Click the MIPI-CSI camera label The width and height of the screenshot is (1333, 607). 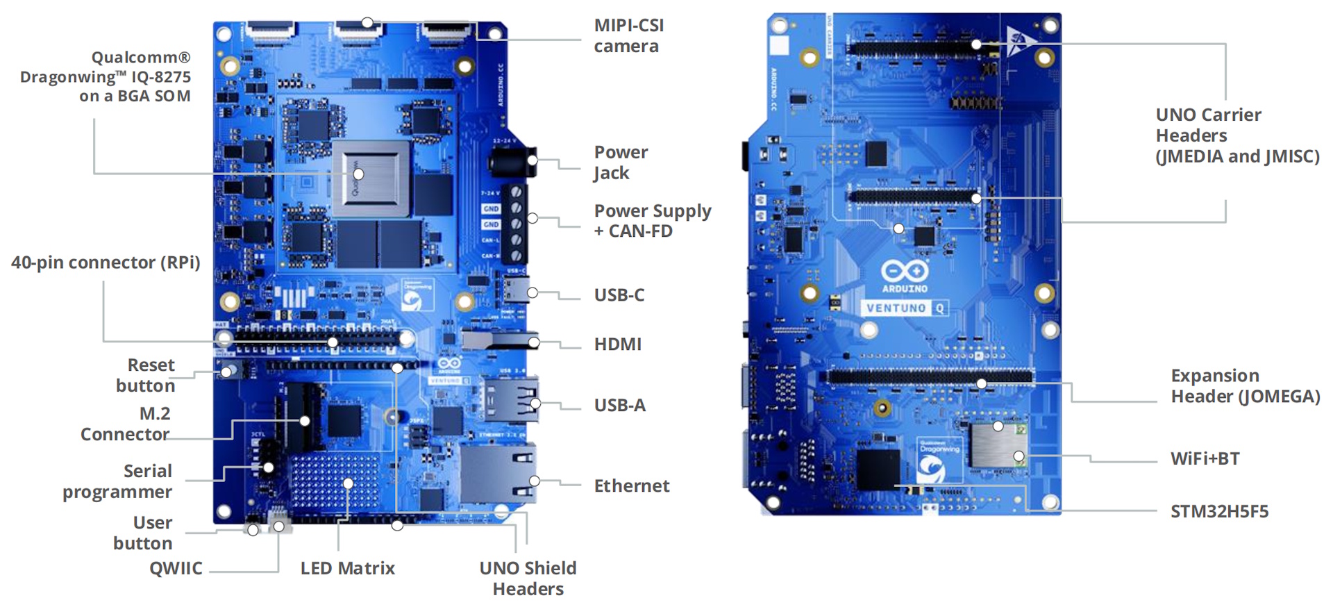[x=628, y=35]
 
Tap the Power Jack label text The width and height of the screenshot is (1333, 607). [x=621, y=163]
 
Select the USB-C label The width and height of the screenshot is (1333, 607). [x=619, y=295]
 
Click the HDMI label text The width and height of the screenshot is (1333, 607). [x=617, y=344]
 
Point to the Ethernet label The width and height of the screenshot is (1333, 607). [x=631, y=486]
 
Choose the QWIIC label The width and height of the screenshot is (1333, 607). [x=176, y=569]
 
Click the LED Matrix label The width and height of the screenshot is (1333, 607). [x=347, y=569]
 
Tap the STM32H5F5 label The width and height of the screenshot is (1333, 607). [x=1219, y=512]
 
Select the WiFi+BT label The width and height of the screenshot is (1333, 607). [x=1205, y=459]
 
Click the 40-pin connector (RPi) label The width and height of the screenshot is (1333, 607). [x=106, y=263]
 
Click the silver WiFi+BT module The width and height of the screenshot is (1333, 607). [x=998, y=444]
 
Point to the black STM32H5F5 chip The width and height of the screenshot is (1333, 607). [x=878, y=469]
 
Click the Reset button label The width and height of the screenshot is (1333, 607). [x=146, y=375]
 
